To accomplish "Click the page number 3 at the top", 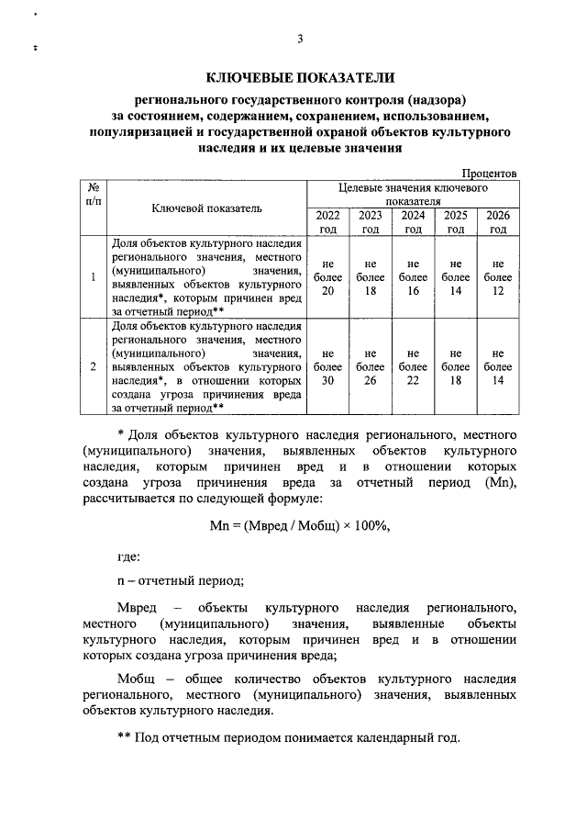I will (x=300, y=38).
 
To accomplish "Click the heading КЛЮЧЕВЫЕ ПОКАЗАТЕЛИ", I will (x=300, y=79).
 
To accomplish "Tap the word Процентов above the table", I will (x=490, y=173).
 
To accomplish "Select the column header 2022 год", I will (x=327, y=221).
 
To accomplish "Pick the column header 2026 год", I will (x=497, y=221).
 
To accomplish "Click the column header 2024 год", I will (x=413, y=221).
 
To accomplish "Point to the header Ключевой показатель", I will (x=206, y=208).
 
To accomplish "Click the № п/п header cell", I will (x=93, y=193).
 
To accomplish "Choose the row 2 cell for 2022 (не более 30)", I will (x=327, y=366).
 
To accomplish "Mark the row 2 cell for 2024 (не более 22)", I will (x=413, y=366).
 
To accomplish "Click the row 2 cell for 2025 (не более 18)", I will (x=455, y=366).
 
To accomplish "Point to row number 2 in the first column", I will (x=93, y=366).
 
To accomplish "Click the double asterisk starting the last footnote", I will (x=126, y=739).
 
